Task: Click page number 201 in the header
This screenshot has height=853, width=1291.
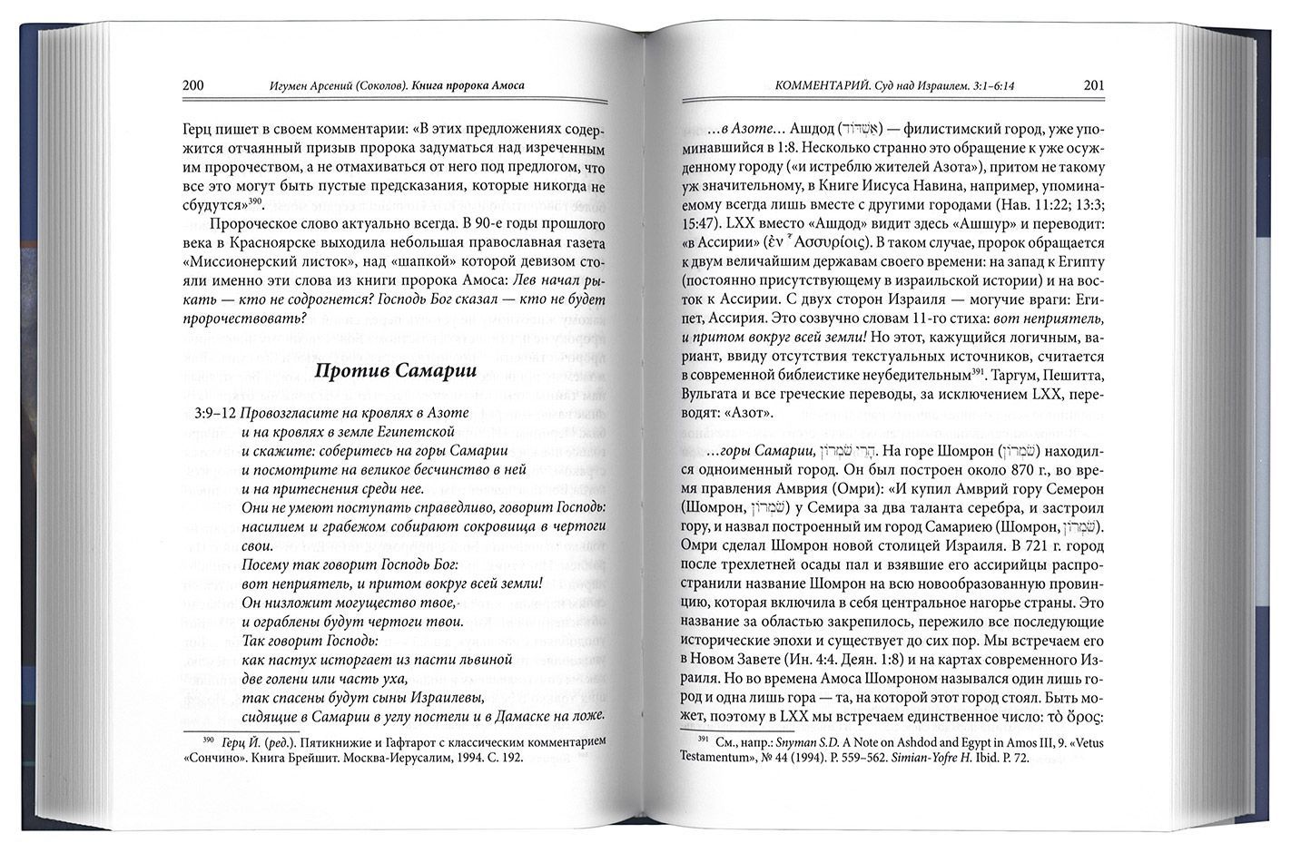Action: point(1094,86)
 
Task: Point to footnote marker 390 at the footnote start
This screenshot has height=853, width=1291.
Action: point(209,739)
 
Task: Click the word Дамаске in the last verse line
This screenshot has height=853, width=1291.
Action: point(516,718)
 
